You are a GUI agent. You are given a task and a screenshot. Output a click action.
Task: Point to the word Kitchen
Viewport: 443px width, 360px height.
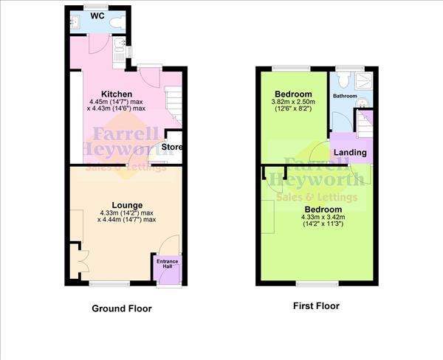point(116,94)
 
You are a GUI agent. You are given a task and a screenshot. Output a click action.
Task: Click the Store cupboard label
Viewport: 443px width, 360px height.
point(172,147)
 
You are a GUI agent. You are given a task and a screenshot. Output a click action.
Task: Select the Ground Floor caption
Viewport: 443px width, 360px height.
point(122,308)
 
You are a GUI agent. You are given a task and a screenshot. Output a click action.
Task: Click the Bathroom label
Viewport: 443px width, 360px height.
point(344,97)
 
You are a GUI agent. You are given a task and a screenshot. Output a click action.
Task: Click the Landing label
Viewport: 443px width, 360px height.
point(349,153)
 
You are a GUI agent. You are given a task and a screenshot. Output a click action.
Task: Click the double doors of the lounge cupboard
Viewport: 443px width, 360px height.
point(77,260)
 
